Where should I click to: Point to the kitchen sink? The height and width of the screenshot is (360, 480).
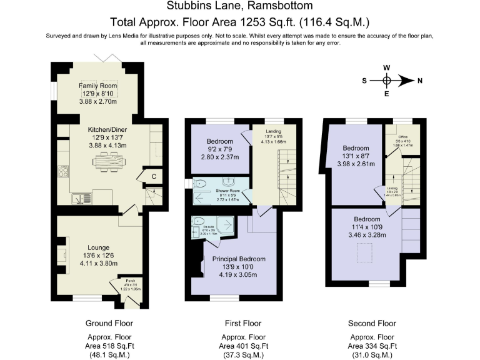[79, 199]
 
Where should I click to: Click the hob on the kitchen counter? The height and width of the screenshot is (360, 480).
[63, 170]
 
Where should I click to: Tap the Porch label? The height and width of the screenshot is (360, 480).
[130, 280]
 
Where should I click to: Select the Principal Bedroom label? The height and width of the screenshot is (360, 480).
[238, 259]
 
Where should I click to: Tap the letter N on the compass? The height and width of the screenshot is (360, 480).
[420, 81]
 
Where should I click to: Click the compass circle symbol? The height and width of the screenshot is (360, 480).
[387, 81]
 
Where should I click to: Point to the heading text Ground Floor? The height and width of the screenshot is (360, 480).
[109, 323]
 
